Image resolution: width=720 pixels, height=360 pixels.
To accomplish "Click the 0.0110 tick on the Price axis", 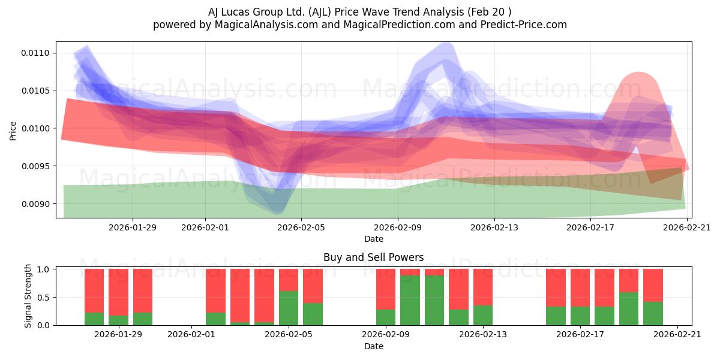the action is pos(35,53).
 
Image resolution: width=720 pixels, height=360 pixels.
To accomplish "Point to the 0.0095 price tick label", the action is pos(35,166).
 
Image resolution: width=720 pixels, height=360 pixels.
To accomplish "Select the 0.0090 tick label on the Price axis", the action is pos(35,204).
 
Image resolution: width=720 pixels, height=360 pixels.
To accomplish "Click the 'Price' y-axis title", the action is pos(13,131).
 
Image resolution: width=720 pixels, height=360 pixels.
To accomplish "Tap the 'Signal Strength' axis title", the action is pos(28,296).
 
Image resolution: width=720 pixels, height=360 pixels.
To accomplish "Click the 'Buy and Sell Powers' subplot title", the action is pos(373,257).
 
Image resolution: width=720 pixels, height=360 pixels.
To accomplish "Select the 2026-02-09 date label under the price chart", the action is pos(398,227).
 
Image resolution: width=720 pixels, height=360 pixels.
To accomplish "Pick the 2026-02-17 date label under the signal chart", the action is pos(580,335).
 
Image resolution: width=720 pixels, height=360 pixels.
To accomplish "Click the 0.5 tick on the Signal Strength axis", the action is pos(43,298).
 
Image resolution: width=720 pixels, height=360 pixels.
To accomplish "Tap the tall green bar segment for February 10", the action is pos(410,300).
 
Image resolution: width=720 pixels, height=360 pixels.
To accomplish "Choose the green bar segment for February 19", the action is pos(629,308).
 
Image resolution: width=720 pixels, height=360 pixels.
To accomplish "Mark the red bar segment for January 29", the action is pos(119,292).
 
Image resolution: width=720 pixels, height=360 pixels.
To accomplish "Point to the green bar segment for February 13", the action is pos(483,315).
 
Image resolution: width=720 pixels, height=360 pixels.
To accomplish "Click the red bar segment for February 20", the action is pos(653,286).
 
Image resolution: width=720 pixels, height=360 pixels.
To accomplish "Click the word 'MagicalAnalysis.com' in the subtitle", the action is pos(266,25).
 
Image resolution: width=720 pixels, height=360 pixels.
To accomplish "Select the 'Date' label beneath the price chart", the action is pos(373,239).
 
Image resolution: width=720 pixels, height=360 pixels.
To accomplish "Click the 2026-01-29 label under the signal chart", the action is pos(118,335).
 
